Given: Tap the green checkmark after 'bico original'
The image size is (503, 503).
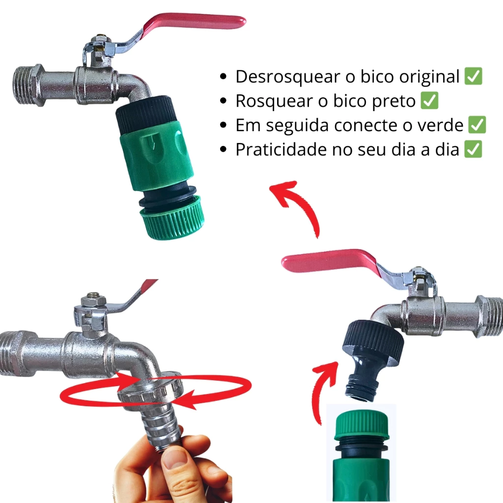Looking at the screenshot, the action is [474, 76].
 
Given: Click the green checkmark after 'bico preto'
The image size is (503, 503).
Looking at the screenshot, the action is [429, 100].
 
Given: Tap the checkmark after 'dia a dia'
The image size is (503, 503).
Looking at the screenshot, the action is [473, 149].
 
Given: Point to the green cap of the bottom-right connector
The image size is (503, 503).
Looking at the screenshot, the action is [362, 426].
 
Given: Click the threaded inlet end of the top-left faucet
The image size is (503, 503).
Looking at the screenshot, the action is [28, 85].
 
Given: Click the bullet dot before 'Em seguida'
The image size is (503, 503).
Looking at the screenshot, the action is [224, 125].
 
